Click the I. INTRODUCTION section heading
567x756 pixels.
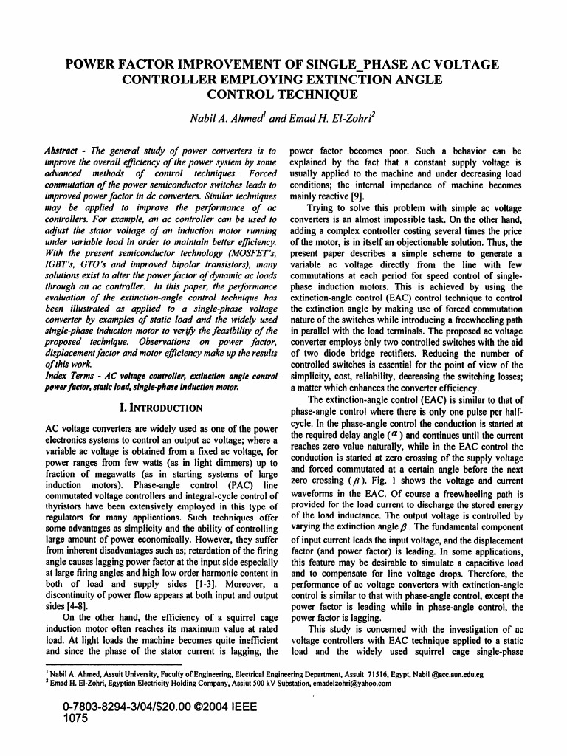pos(161,408)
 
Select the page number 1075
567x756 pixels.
pos(76,718)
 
